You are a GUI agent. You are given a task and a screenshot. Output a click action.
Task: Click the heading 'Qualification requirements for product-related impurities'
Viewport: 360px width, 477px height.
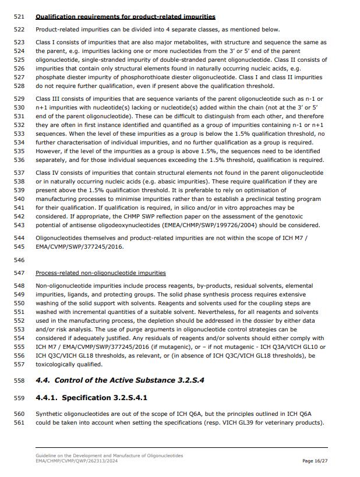125,16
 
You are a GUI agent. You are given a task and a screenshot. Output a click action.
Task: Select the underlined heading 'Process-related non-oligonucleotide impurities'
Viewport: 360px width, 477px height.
100,273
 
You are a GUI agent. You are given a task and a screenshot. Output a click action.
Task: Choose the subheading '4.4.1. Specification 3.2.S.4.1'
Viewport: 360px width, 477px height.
91,398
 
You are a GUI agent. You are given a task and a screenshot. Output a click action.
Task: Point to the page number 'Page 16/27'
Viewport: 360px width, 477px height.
315,461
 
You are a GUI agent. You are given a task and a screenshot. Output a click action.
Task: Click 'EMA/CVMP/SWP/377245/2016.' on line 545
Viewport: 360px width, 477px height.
77,246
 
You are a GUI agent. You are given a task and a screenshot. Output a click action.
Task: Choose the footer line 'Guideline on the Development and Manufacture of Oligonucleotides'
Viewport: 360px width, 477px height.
109,455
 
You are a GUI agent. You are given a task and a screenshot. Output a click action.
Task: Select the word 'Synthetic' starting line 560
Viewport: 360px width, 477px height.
50,414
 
